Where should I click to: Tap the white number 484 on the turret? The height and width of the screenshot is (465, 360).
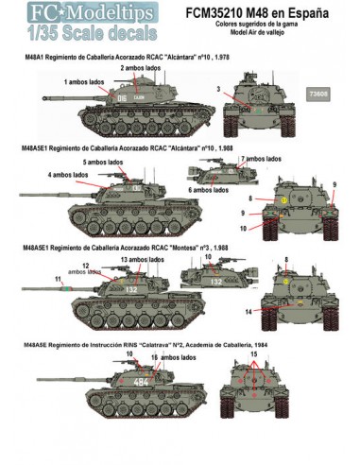pos(141,381)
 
